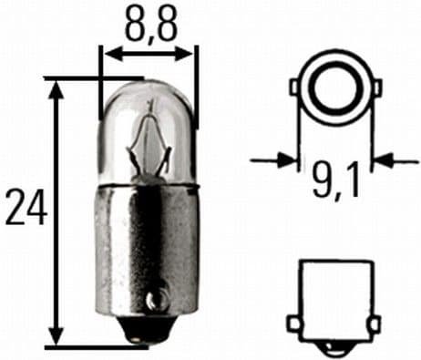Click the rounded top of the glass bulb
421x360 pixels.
pos(149,87)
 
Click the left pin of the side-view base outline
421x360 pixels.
pos(293,324)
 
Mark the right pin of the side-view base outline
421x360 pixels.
pos(374,324)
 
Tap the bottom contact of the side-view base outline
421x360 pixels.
pos(333,344)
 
